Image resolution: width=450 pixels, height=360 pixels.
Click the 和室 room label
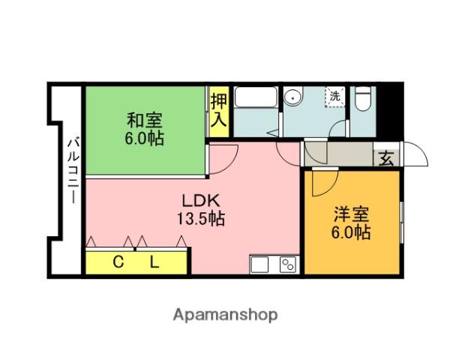coord(143,120)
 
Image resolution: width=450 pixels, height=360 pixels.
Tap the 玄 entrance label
coord(386,159)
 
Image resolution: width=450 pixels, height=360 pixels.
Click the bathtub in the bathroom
coord(256,98)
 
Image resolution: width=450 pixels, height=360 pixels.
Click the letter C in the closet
coord(118,262)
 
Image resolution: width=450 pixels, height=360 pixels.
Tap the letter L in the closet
coord(154,262)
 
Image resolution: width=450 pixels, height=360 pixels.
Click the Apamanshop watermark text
coord(224,315)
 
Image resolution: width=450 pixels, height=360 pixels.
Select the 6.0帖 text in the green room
coord(144,138)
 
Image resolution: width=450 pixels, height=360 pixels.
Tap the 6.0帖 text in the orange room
coord(352,232)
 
